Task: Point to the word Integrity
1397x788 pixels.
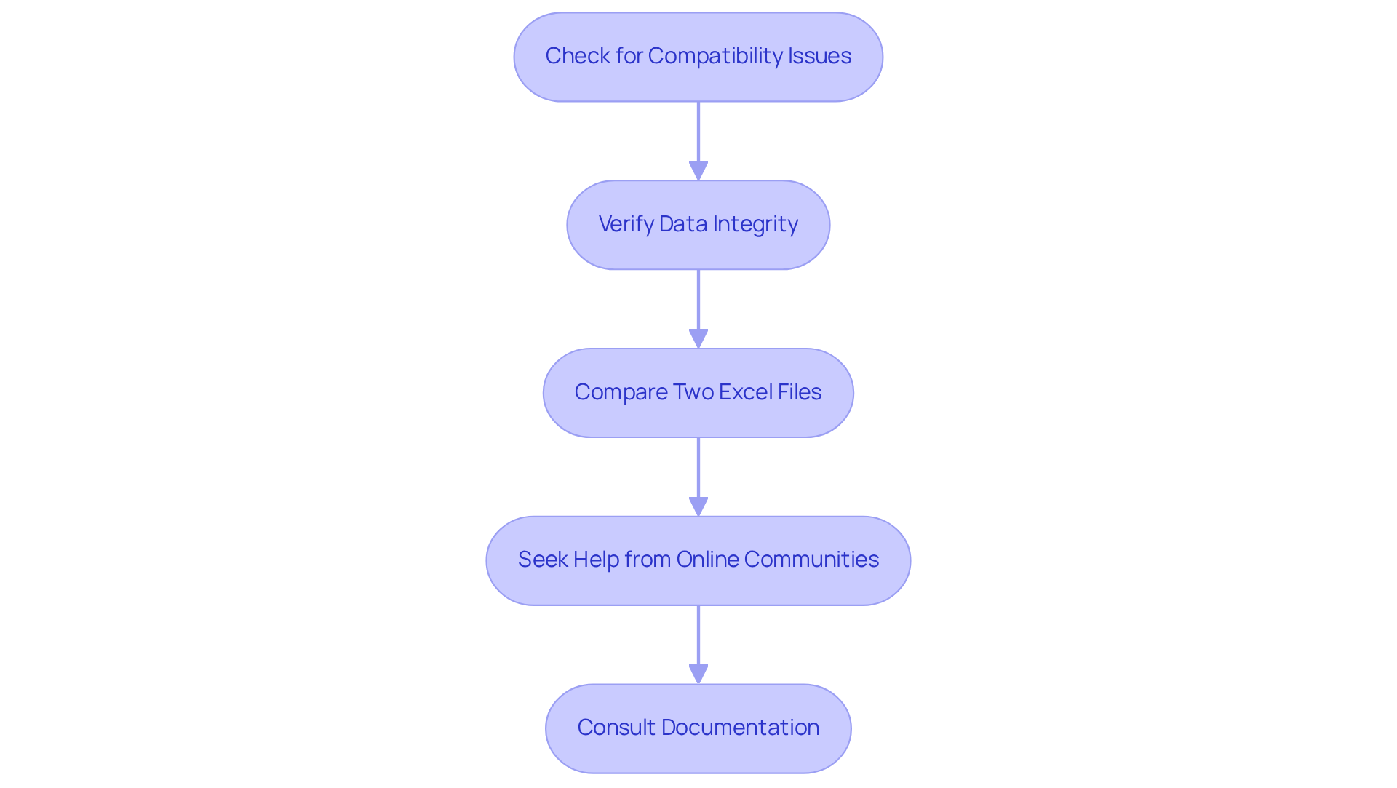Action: pos(755,224)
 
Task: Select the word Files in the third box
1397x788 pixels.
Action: pos(799,392)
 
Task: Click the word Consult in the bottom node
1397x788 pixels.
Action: pos(616,728)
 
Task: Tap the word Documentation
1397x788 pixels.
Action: pos(740,728)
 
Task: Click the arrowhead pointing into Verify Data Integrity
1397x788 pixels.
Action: pos(698,171)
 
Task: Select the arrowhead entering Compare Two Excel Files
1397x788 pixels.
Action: pos(698,339)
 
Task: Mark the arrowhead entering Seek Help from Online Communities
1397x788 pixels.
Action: pos(698,507)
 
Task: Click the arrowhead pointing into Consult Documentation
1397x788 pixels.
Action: pos(698,674)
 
